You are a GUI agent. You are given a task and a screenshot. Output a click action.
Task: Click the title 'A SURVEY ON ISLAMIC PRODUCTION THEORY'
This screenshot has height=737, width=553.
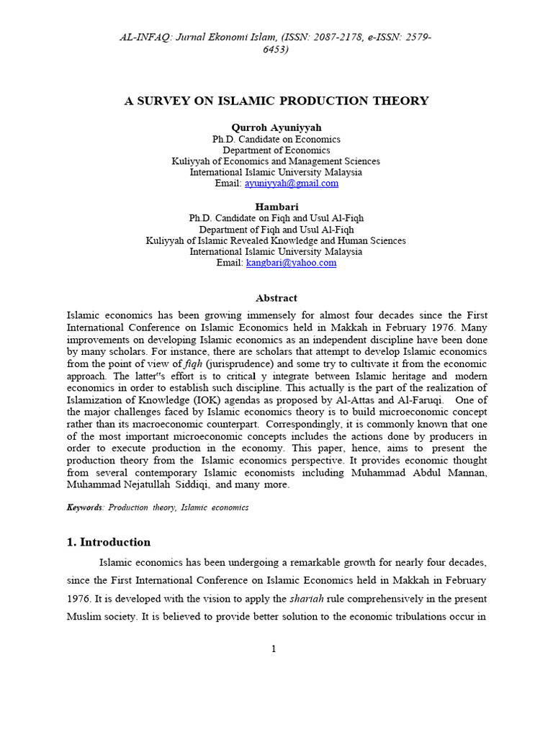(276, 101)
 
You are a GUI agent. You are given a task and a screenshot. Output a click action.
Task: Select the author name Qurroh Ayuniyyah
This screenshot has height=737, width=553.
(276, 127)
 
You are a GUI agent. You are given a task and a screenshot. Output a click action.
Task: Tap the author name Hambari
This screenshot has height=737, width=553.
(276, 207)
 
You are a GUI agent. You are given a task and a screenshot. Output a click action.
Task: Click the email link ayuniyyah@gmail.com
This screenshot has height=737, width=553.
(292, 184)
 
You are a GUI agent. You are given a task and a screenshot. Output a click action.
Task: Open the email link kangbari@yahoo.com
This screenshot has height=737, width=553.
(291, 263)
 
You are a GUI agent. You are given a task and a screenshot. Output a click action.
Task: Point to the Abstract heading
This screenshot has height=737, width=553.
(276, 298)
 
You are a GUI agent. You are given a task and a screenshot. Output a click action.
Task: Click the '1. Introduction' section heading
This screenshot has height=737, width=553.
(109, 542)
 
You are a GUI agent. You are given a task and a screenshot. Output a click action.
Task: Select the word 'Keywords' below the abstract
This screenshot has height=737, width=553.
(85, 507)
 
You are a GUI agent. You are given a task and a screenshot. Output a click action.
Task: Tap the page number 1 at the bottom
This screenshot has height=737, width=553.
(274, 648)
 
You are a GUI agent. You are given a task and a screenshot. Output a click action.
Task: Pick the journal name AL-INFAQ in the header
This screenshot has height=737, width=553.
(146, 37)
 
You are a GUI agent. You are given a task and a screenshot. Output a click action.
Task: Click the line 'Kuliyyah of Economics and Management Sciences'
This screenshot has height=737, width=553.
(276, 161)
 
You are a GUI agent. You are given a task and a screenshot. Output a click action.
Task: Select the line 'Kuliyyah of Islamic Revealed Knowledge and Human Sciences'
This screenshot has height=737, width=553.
(276, 240)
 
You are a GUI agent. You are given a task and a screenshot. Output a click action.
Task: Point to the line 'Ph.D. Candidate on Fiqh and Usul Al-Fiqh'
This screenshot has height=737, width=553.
(276, 218)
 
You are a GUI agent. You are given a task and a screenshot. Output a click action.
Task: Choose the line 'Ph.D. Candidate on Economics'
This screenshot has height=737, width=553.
(276, 139)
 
